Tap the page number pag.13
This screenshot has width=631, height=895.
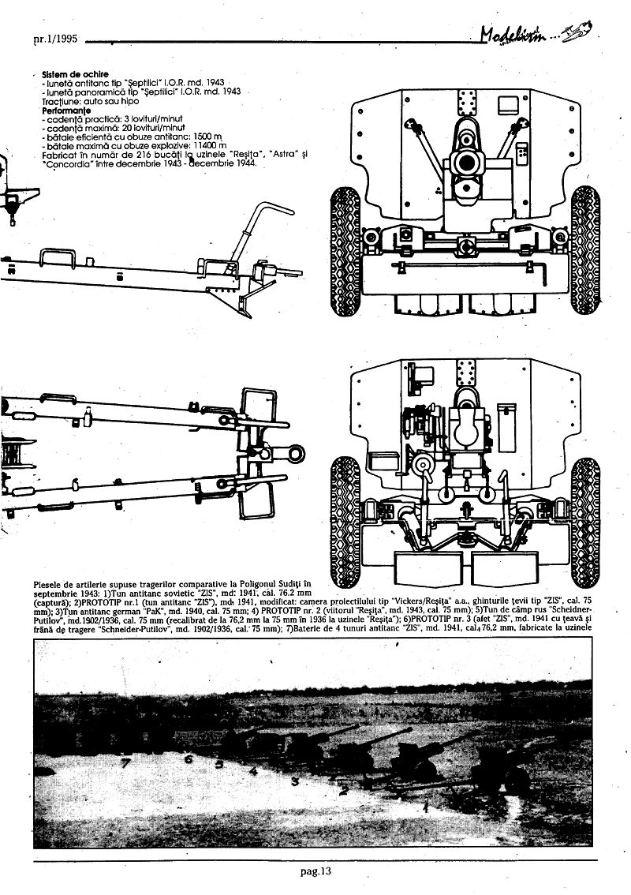315,871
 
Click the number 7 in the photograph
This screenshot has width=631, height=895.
125,762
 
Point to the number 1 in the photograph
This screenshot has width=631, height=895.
426,807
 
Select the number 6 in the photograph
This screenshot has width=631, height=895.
189,759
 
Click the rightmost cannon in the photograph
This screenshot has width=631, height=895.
505,770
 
